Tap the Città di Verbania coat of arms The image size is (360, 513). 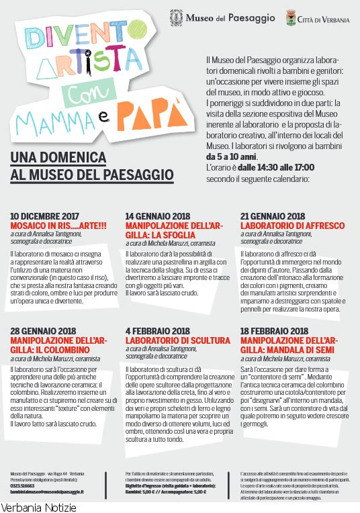pyautogui.click(x=290, y=17)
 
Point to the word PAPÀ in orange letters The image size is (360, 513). pyautogui.click(x=153, y=115)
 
